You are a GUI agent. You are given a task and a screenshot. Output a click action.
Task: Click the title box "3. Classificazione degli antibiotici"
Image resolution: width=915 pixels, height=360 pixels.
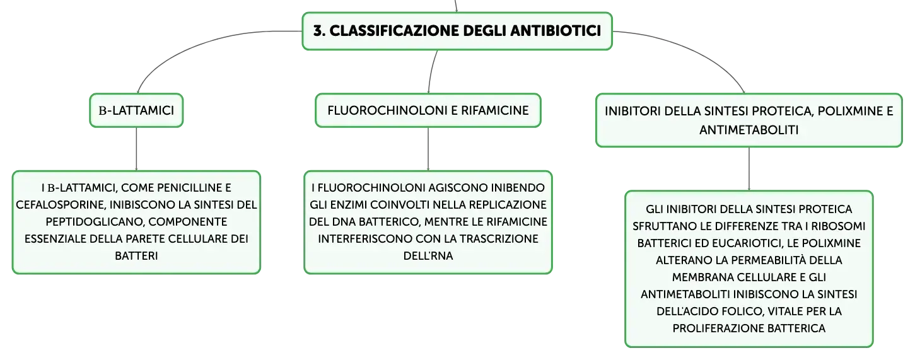tap(457, 31)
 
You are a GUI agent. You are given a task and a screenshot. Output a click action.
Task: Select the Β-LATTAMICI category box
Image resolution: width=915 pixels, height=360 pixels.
tap(136, 110)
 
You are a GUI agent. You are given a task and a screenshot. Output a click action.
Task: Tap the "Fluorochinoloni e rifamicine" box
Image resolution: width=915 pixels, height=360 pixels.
tap(428, 110)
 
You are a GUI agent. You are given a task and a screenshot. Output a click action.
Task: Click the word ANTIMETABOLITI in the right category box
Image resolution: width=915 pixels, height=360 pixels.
tap(749, 130)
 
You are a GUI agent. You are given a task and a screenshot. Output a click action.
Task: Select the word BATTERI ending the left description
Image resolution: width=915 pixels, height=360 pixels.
tap(136, 256)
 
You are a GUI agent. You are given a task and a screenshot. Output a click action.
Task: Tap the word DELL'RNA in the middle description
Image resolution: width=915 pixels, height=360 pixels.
tap(428, 256)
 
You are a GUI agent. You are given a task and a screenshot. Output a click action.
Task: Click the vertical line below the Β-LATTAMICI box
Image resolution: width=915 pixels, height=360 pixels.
tap(136, 149)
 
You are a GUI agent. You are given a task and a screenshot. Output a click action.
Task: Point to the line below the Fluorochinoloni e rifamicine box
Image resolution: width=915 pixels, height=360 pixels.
tap(428, 149)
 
